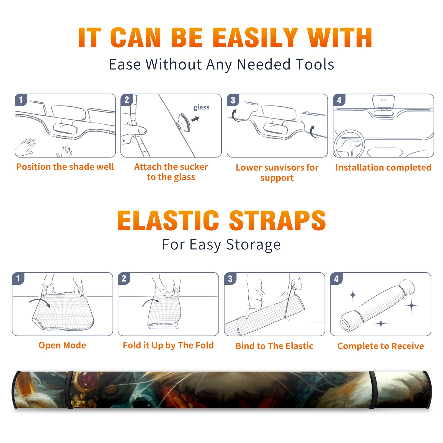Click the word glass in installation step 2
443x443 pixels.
click(201, 107)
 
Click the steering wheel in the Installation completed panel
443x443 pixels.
click(349, 144)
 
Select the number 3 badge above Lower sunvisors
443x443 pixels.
click(233, 100)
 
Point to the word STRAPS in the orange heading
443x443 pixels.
click(277, 220)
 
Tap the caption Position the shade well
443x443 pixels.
click(65, 167)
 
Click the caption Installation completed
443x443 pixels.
click(383, 168)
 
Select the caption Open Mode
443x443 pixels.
click(62, 345)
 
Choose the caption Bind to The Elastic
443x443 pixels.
click(274, 346)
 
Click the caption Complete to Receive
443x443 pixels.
click(381, 346)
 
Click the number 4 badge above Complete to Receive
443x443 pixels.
click(336, 279)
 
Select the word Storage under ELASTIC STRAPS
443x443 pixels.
click(253, 245)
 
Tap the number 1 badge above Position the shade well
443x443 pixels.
click(21, 100)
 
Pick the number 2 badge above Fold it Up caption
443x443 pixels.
click(124, 279)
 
